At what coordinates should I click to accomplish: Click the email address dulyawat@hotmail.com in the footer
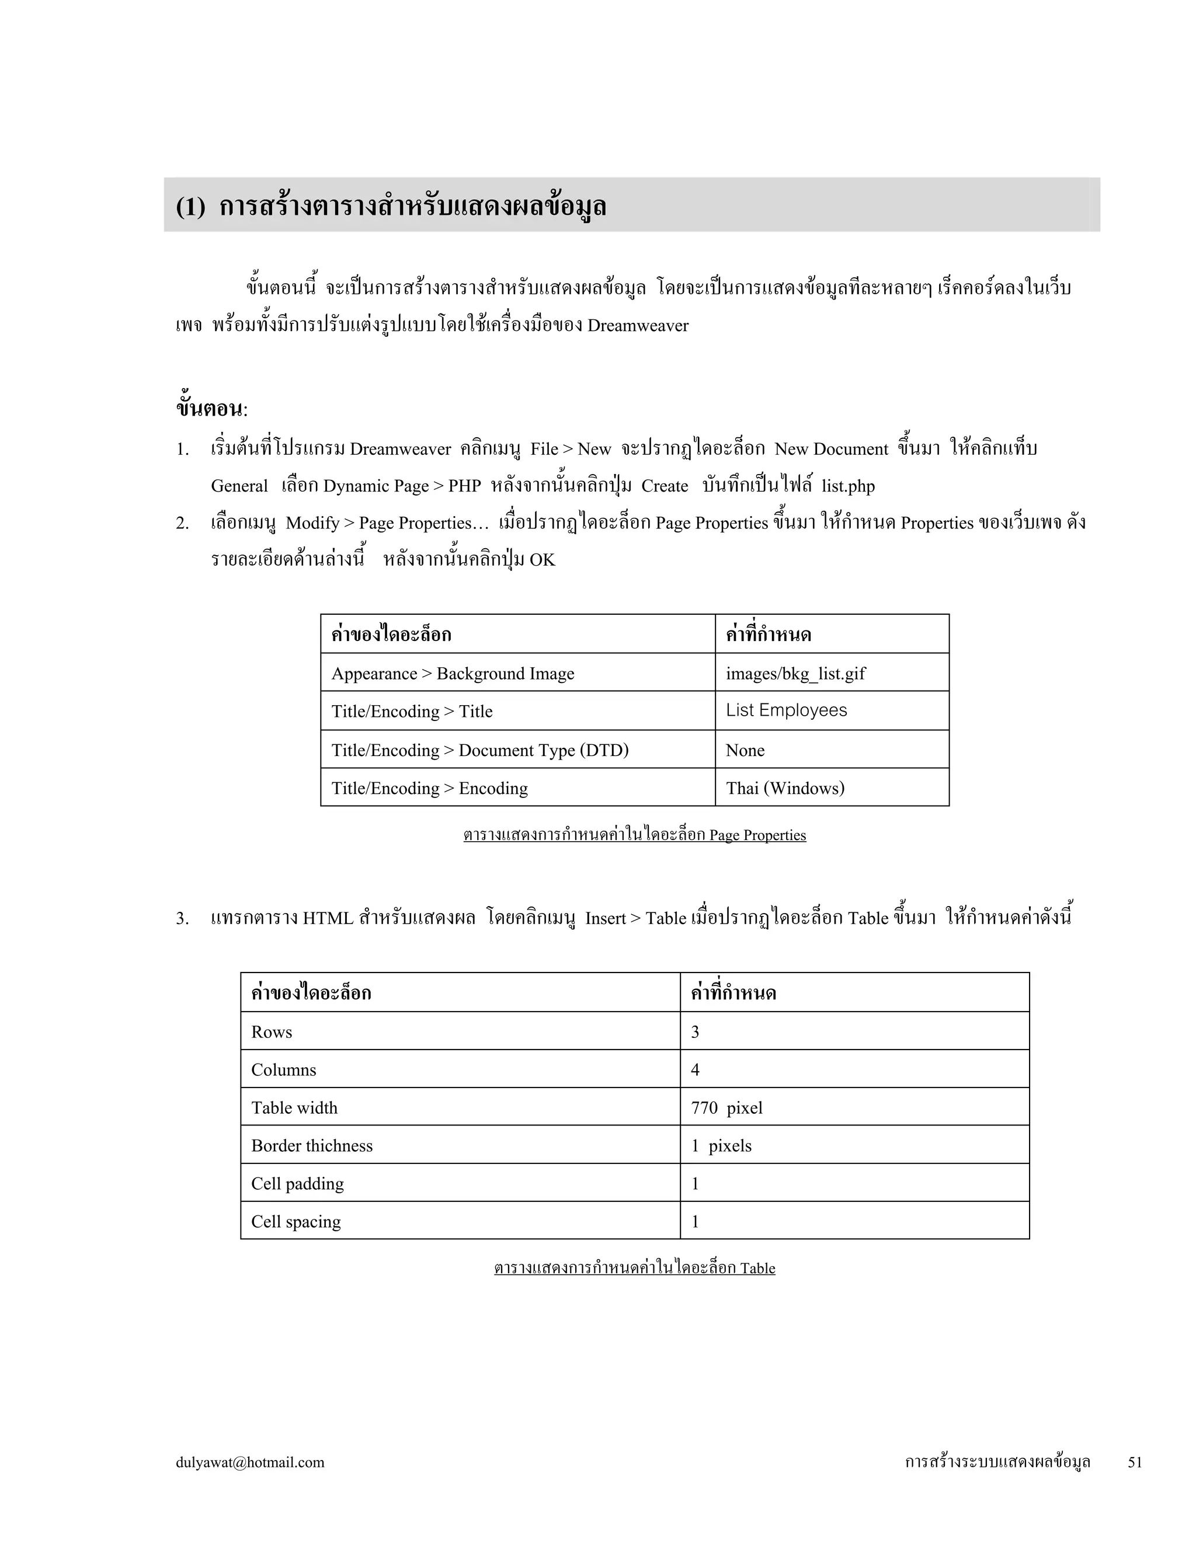pyautogui.click(x=250, y=1462)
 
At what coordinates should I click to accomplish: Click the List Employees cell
pyautogui.click(x=787, y=710)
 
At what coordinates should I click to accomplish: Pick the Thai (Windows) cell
pyautogui.click(x=785, y=788)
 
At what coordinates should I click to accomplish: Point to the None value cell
pyautogui.click(x=745, y=750)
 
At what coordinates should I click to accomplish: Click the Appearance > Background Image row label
pyautogui.click(x=453, y=673)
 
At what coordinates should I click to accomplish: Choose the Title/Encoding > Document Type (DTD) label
pyautogui.click(x=479, y=750)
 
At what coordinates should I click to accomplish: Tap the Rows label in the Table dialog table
pyautogui.click(x=272, y=1032)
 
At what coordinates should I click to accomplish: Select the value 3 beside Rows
pyautogui.click(x=695, y=1032)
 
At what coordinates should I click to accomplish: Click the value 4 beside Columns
pyautogui.click(x=695, y=1069)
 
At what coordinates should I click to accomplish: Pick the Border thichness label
pyautogui.click(x=312, y=1145)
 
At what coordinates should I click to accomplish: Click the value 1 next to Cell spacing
pyautogui.click(x=695, y=1221)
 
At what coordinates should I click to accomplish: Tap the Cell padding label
pyautogui.click(x=298, y=1184)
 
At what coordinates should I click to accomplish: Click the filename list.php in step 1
pyautogui.click(x=848, y=486)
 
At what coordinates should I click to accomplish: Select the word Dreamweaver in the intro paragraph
pyautogui.click(x=638, y=326)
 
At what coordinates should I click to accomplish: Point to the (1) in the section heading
pyautogui.click(x=190, y=207)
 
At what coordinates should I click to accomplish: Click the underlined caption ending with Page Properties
pyautogui.click(x=634, y=835)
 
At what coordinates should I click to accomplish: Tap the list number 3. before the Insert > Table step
pyautogui.click(x=182, y=919)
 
